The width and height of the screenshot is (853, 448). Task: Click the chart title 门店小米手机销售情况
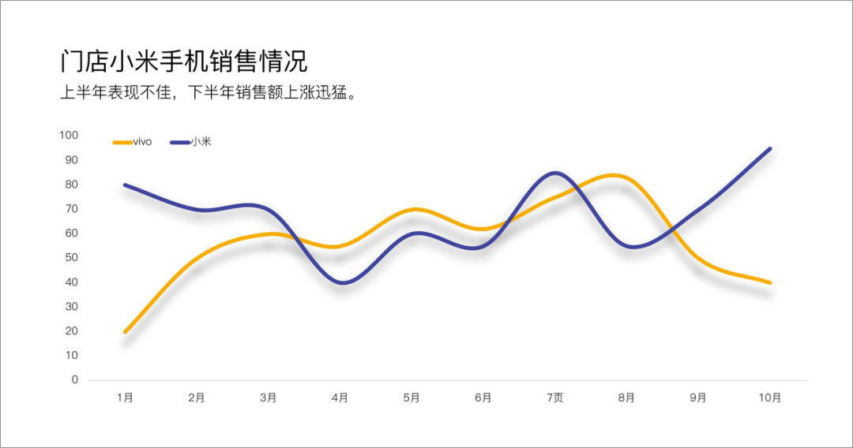point(184,62)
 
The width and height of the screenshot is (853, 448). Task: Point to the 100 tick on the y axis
point(70,136)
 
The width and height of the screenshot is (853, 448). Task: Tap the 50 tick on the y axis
point(73,258)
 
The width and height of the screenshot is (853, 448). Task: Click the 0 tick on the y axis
point(75,380)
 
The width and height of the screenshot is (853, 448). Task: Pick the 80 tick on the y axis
point(73,185)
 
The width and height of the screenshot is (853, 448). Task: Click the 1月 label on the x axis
point(125,398)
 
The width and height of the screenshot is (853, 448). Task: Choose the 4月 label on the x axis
point(340,398)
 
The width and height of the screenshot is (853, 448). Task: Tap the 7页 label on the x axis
point(555,398)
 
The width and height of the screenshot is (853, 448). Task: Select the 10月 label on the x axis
point(770,398)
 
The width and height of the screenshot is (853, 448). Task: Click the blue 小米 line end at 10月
point(770,148)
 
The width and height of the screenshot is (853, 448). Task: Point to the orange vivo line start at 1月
point(125,332)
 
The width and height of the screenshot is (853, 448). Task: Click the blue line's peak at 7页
point(556,173)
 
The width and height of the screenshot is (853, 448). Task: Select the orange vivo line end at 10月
point(770,282)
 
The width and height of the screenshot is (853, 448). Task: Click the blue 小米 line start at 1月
point(125,185)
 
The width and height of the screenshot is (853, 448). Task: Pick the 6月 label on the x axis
point(483,398)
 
